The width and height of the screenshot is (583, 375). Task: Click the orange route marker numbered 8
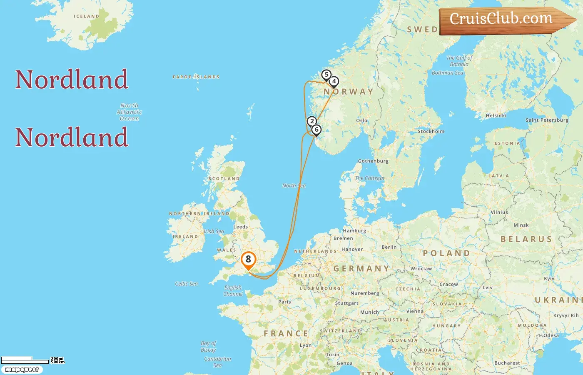tap(248, 260)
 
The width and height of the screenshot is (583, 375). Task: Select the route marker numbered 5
tap(326, 75)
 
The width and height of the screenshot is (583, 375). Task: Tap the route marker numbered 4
tap(334, 82)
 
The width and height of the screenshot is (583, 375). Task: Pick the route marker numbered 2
tap(312, 122)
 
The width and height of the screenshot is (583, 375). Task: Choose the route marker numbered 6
tap(316, 130)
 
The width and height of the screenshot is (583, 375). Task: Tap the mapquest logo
tap(22, 370)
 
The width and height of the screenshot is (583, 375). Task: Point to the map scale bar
tap(25, 360)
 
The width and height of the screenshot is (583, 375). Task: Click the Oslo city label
tap(362, 120)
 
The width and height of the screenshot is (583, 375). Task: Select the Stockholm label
tap(431, 131)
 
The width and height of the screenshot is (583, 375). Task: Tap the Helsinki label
tap(496, 115)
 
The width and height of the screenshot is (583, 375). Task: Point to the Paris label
tap(284, 302)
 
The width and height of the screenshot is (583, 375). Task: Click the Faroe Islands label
tap(196, 77)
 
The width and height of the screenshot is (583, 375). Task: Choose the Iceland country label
tap(87, 16)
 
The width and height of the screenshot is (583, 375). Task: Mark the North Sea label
tap(294, 185)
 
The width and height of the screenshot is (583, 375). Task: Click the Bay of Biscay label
tap(208, 346)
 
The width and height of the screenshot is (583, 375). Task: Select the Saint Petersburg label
tap(547, 120)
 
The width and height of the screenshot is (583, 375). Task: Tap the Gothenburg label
tap(373, 161)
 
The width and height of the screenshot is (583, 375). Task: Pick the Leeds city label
tap(241, 227)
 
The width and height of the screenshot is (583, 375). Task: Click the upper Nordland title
tap(72, 79)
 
